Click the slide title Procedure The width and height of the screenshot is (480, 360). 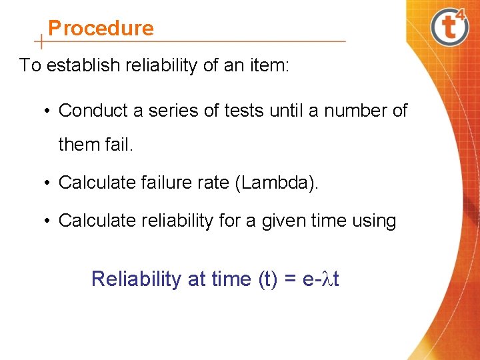coord(101,28)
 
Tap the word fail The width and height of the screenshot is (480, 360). coord(120,144)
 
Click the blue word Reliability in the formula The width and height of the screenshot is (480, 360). coord(135,279)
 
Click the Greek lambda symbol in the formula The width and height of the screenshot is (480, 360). coord(327,279)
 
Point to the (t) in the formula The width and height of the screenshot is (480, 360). coord(269,279)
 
